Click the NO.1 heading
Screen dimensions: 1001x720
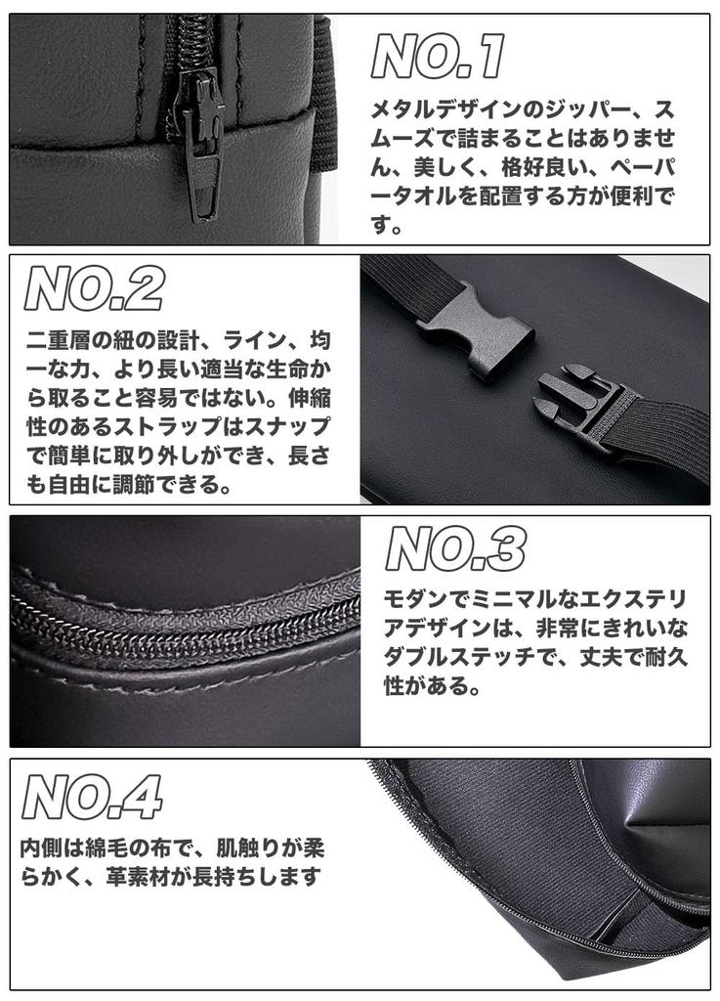tap(438, 57)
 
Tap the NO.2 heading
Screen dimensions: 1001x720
tap(94, 289)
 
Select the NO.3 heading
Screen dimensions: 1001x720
tap(455, 549)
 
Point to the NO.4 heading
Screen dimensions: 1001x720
tap(92, 798)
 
